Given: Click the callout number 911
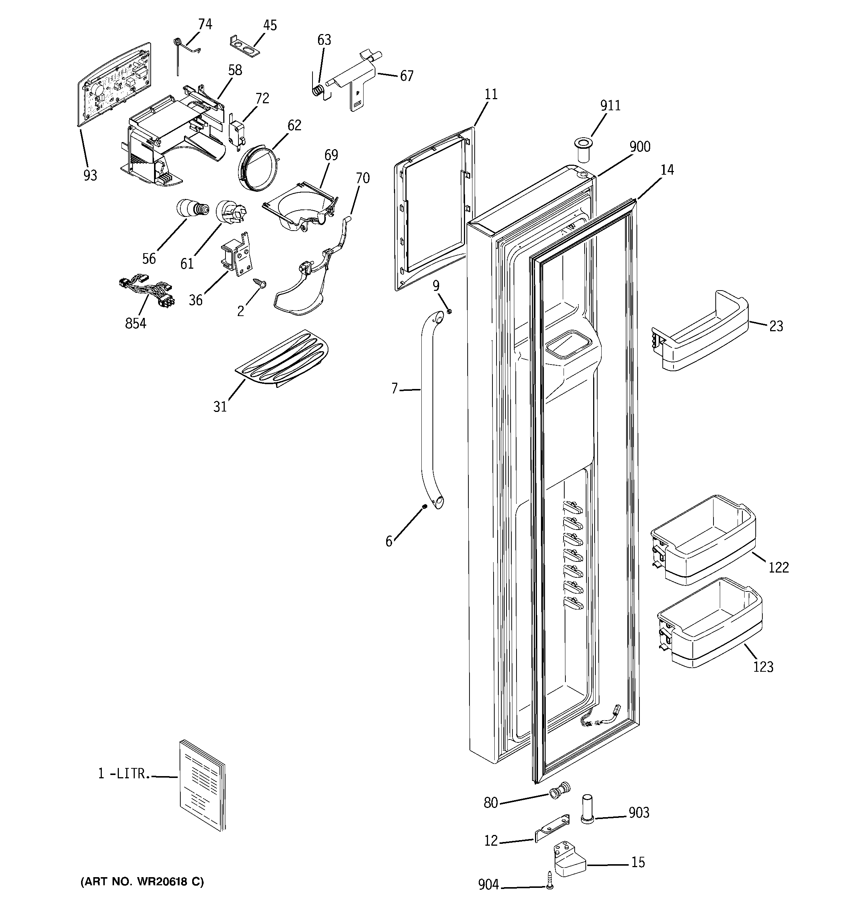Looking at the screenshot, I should click(610, 105).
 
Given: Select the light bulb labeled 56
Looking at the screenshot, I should click(191, 209).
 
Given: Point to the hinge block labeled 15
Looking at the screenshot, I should click(568, 858).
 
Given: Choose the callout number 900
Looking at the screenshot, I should click(640, 147).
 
